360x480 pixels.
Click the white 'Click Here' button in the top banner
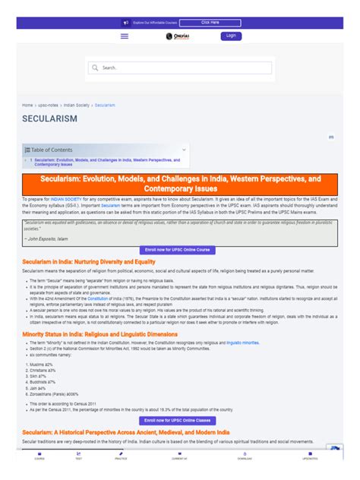click(210, 23)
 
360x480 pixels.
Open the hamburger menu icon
click(125, 36)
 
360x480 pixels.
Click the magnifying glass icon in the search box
click(96, 68)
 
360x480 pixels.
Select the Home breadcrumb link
click(27, 105)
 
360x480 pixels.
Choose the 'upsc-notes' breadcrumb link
click(48, 105)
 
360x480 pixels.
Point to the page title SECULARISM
click(49, 120)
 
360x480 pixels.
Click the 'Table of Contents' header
click(52, 150)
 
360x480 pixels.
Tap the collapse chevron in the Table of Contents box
click(183, 150)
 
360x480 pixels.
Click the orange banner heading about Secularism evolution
click(180, 183)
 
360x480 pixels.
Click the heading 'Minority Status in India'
click(99, 312)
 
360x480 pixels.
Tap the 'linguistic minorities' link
click(243, 321)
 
